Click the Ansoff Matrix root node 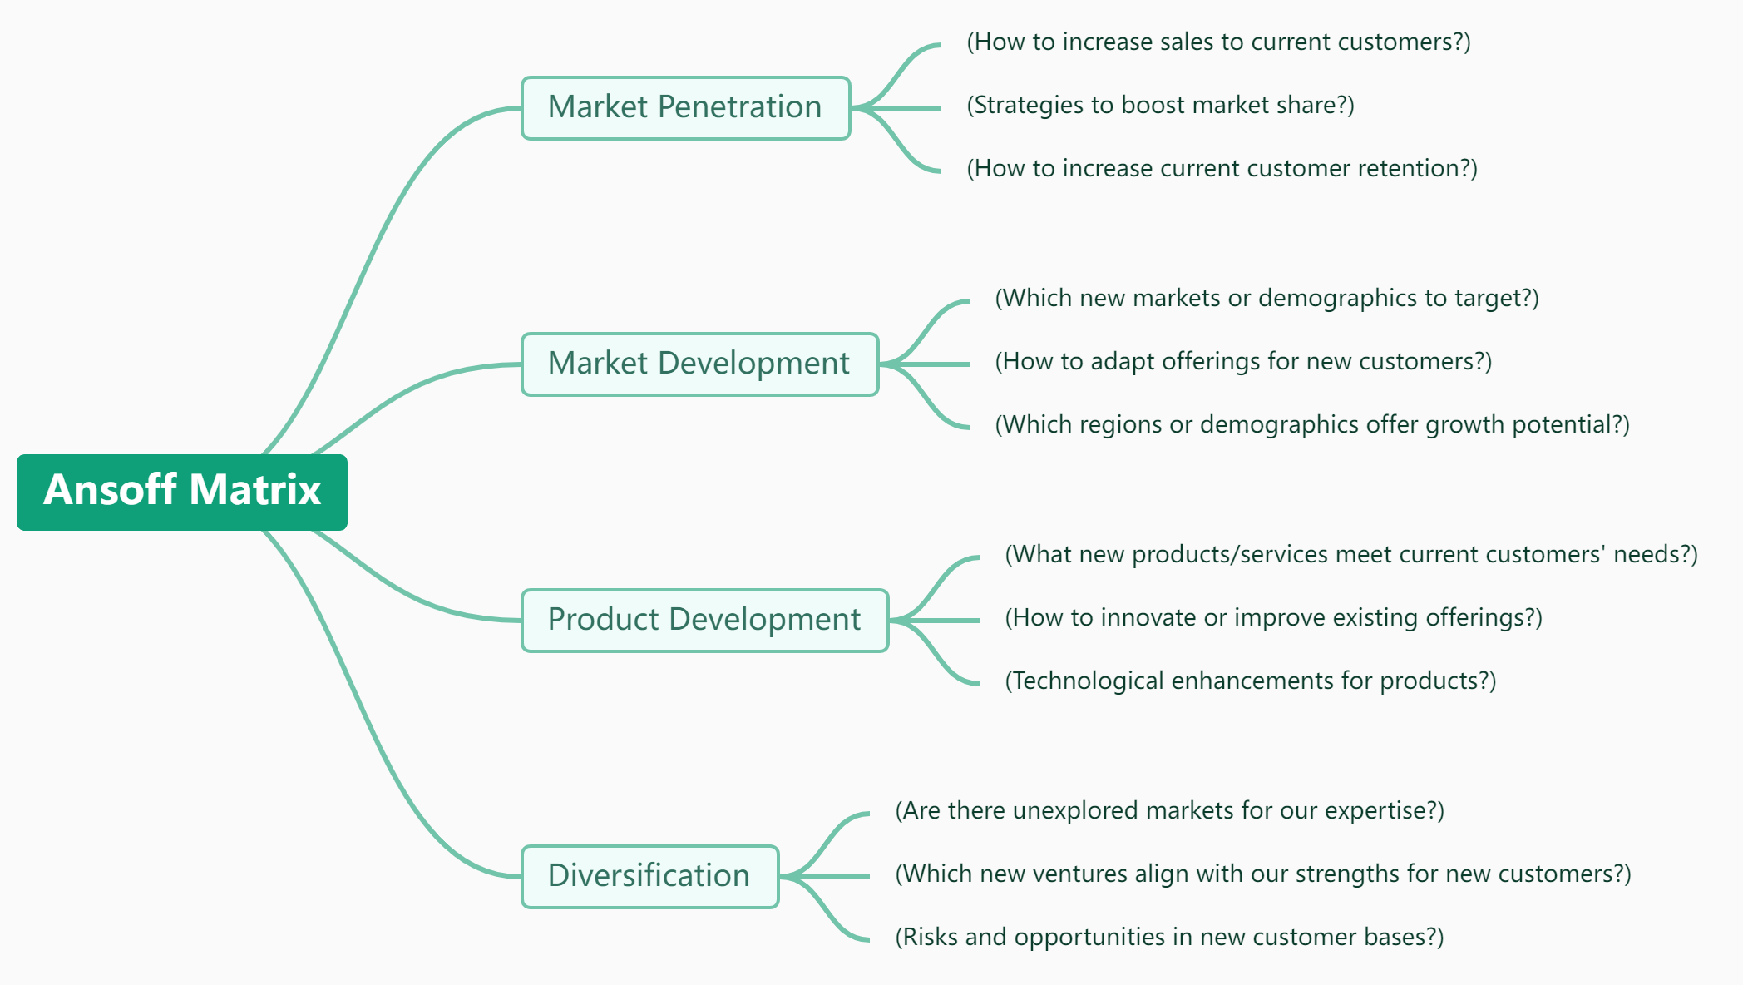181,492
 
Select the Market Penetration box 685,108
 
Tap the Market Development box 699,364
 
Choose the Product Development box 704,621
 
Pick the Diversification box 649,877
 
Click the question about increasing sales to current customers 1218,42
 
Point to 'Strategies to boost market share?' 1160,106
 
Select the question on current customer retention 1222,169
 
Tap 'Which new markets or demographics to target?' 1267,299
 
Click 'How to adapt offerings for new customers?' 1243,362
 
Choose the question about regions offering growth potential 1312,425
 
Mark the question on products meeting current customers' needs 1351,555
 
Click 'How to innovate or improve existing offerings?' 1273,618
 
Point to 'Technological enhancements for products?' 1250,681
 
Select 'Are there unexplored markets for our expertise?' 1169,811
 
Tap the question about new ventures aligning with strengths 1262,874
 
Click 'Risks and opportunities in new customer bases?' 1169,938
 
